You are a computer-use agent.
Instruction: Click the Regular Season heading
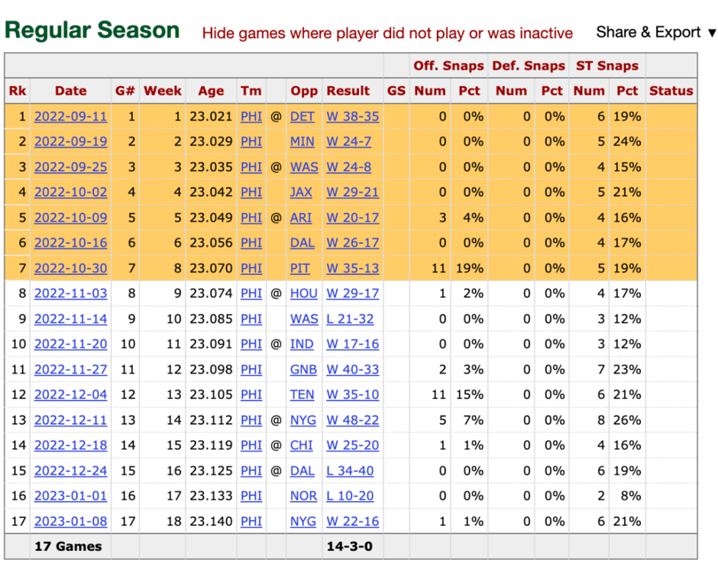[x=92, y=31]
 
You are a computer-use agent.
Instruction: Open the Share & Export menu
[x=656, y=32]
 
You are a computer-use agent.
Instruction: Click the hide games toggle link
[x=387, y=33]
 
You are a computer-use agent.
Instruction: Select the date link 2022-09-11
[x=70, y=117]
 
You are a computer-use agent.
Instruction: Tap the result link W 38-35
[x=352, y=117]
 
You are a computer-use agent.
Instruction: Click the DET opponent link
[x=302, y=117]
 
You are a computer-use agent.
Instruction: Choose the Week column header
[x=163, y=91]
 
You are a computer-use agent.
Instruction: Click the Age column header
[x=211, y=91]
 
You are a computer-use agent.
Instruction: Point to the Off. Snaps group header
[x=448, y=66]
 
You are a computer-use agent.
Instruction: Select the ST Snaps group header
[x=607, y=66]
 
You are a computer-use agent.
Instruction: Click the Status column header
[x=671, y=91]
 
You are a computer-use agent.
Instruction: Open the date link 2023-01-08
[x=70, y=521]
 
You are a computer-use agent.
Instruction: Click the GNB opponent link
[x=303, y=369]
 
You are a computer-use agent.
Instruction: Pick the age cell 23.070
[x=211, y=268]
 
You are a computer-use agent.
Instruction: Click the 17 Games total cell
[x=68, y=547]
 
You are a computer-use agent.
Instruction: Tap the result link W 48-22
[x=352, y=419]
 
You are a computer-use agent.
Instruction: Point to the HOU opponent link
[x=303, y=293]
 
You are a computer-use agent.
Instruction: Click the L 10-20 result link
[x=350, y=496]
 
